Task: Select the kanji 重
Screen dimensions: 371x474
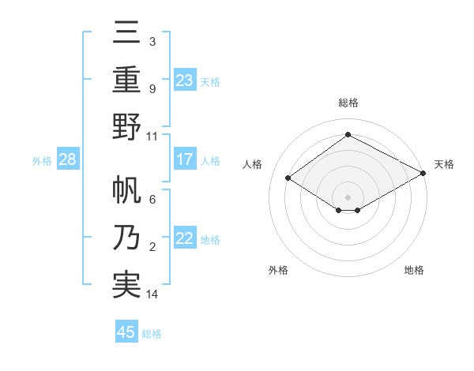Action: tap(127, 80)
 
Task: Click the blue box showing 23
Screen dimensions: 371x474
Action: tap(185, 80)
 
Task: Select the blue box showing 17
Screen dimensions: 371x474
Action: tap(185, 159)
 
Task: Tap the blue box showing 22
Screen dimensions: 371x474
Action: tap(185, 239)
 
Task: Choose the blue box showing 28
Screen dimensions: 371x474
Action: tap(68, 159)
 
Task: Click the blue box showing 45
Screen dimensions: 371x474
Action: tap(126, 332)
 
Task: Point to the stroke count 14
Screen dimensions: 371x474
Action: tap(152, 294)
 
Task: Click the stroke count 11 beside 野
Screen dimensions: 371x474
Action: tap(152, 136)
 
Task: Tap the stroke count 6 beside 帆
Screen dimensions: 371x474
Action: tap(152, 200)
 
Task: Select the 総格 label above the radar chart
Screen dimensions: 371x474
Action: tap(348, 103)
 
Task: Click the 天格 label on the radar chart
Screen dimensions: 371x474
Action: tap(444, 164)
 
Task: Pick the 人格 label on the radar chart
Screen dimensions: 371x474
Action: tap(253, 164)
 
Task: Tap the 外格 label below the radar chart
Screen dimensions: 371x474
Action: tap(278, 270)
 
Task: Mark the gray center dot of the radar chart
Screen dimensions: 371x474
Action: tap(348, 197)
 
